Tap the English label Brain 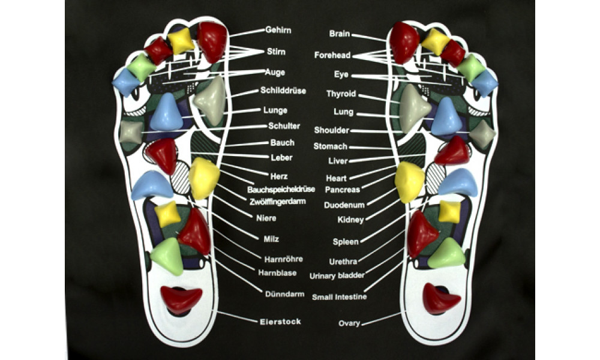click(340, 34)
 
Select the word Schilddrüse click(283, 91)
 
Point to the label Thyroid click(341, 94)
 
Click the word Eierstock click(281, 322)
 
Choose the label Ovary click(349, 324)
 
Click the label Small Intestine click(340, 297)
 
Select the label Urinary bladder click(338, 276)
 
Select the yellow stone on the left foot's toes click(181, 40)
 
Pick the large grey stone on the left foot click(210, 100)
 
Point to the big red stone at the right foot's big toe click(404, 42)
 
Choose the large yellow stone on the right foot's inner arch click(410, 182)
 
